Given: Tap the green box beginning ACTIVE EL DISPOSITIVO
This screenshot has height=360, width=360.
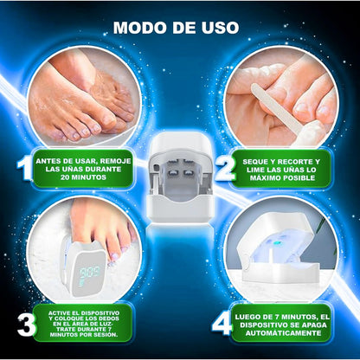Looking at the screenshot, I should click(x=84, y=321).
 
